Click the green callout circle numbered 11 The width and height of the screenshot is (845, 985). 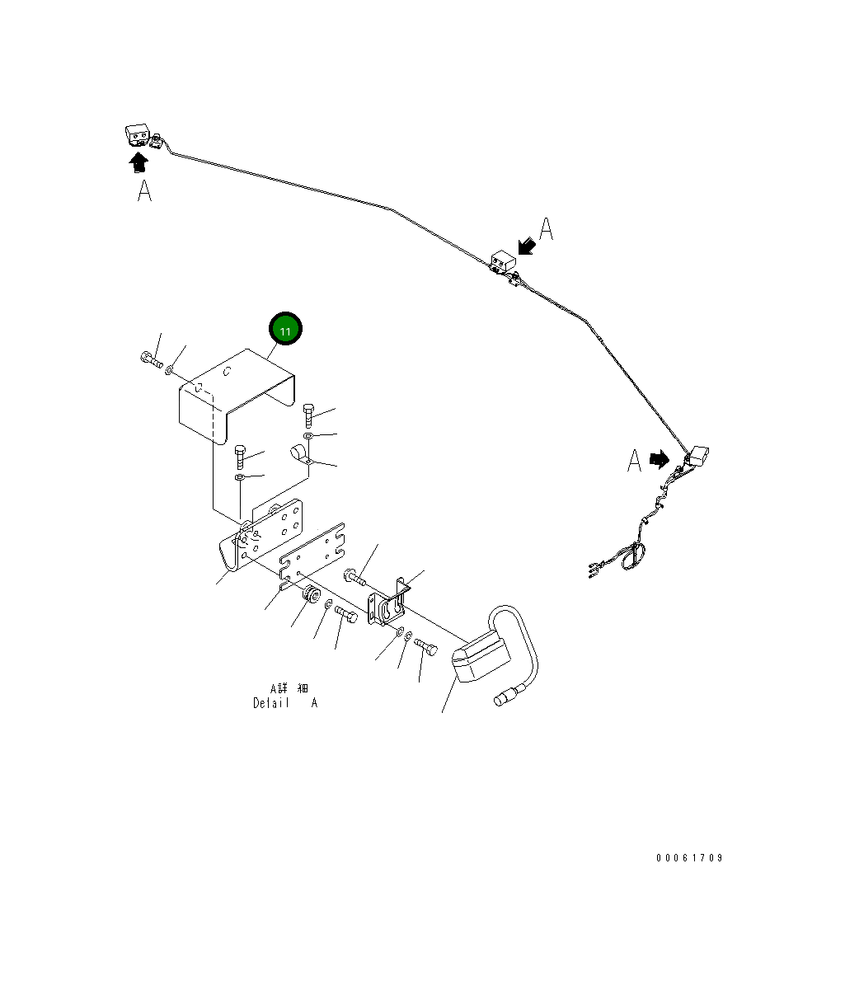click(x=285, y=331)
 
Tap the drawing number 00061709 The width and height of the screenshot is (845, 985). click(x=689, y=858)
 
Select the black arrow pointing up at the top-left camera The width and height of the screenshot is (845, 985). click(x=138, y=162)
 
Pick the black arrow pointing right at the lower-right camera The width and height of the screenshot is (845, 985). click(x=659, y=459)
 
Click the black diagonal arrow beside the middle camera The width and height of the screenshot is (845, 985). click(x=524, y=245)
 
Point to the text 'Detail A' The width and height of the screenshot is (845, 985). click(x=284, y=703)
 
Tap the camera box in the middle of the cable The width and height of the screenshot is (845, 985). click(x=501, y=262)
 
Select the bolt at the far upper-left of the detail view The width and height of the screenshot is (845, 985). click(x=148, y=359)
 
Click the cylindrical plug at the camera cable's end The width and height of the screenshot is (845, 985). click(x=502, y=700)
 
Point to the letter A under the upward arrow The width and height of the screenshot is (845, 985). click(x=144, y=191)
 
